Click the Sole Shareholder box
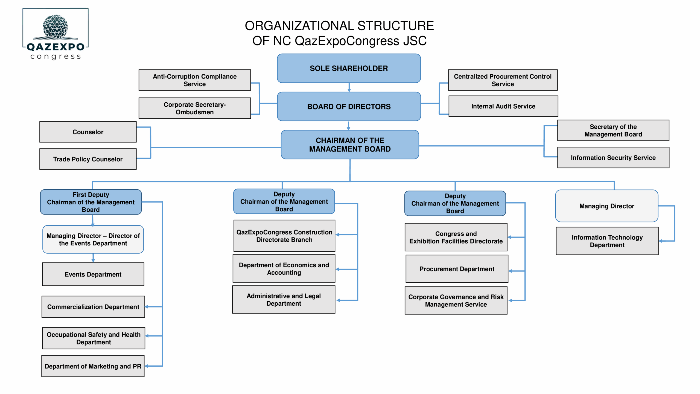point(349,68)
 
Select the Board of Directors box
point(349,106)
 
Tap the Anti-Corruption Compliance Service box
point(195,80)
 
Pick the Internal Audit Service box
point(503,106)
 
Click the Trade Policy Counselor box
point(88,159)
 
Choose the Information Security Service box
point(613,158)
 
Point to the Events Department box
point(93,274)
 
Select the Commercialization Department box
point(93,307)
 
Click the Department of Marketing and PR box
point(93,366)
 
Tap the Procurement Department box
point(457,269)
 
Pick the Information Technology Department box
point(607,241)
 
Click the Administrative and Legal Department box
point(284,300)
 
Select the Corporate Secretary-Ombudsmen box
point(195,108)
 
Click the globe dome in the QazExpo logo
point(55,26)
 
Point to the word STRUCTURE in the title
point(395,26)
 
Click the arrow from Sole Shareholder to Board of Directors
point(349,87)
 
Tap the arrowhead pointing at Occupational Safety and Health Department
point(147,336)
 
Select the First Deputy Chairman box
point(91,202)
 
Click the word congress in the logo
point(56,57)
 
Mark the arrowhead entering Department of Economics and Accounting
point(337,269)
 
